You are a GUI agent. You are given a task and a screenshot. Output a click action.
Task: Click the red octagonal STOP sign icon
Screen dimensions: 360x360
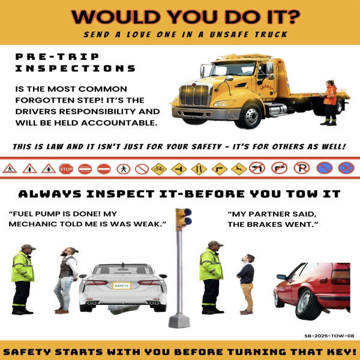click(x=66, y=169)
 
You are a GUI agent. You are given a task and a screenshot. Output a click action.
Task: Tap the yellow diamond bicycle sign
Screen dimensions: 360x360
click(x=159, y=169)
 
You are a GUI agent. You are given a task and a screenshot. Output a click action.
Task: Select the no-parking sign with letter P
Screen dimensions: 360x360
click(x=301, y=168)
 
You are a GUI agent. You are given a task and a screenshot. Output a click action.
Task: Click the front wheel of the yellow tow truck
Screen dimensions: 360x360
click(x=251, y=116)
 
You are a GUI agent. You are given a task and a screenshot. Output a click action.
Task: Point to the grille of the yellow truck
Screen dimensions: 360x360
click(x=194, y=95)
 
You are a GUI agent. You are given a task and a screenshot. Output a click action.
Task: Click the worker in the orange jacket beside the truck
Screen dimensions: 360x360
click(x=329, y=103)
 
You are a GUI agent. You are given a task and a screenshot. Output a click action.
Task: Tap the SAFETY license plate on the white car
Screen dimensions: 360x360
click(x=121, y=286)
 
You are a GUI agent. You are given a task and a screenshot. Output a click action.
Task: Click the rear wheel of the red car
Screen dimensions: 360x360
click(x=308, y=304)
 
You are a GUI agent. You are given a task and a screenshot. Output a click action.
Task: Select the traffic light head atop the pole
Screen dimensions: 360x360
click(x=184, y=218)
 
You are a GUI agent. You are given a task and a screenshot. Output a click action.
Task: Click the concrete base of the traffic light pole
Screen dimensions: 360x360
click(x=179, y=320)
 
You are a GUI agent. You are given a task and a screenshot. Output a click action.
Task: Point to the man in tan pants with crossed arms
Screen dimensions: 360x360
click(x=247, y=284)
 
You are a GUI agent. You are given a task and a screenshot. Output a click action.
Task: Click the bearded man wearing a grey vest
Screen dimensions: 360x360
click(x=67, y=280)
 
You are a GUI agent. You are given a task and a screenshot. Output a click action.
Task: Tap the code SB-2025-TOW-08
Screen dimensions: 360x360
click(x=329, y=336)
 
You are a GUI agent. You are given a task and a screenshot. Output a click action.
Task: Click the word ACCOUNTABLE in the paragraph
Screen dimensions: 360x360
click(x=119, y=123)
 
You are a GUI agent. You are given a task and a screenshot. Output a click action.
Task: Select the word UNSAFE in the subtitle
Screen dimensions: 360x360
click(x=229, y=34)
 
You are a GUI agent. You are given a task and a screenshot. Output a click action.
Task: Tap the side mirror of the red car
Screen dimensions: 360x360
click(x=282, y=277)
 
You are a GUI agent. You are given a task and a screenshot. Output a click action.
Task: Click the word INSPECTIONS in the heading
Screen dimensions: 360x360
click(x=76, y=68)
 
